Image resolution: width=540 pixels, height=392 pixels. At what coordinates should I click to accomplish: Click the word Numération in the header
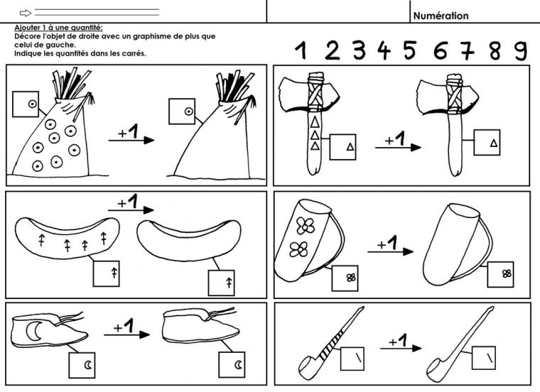[441, 16]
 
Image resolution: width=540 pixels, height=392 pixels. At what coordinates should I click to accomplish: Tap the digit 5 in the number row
[409, 50]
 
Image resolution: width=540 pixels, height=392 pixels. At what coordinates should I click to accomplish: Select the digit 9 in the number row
[521, 50]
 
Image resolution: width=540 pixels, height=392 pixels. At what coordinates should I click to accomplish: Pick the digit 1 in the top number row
[301, 50]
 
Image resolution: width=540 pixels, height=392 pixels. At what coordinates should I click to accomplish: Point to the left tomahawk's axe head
[293, 97]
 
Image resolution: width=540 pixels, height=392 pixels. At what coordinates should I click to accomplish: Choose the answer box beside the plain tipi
[180, 111]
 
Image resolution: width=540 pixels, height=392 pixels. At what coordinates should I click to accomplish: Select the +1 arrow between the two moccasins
[128, 330]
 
